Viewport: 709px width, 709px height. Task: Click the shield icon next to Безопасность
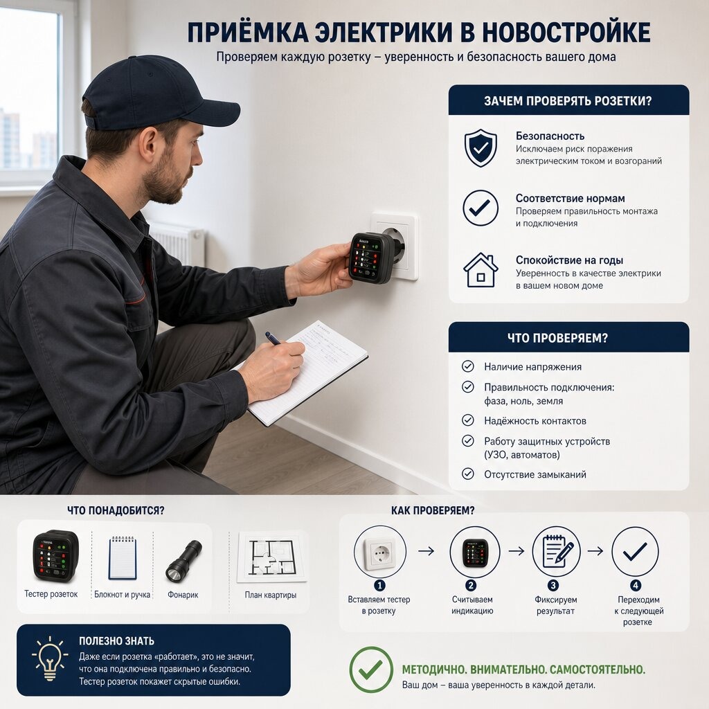click(481, 148)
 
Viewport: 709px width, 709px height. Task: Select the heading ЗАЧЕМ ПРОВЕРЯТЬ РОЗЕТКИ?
click(568, 100)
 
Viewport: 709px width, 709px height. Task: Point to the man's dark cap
click(159, 94)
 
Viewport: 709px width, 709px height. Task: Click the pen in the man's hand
click(273, 338)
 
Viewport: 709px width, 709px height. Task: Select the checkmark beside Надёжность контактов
click(467, 420)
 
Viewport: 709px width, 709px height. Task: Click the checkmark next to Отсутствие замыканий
click(467, 474)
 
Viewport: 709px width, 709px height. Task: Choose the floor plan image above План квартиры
click(271, 557)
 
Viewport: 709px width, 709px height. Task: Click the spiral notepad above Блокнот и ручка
click(122, 557)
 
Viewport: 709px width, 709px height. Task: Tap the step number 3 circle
click(553, 585)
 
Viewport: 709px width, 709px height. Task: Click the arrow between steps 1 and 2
click(426, 550)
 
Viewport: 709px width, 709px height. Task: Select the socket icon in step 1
click(380, 552)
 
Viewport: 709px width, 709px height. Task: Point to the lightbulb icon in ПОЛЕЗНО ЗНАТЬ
click(50, 658)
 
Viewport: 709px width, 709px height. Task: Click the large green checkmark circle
click(371, 670)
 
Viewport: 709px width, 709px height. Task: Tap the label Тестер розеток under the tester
click(51, 593)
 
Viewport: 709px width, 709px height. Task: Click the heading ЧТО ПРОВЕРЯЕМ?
click(557, 338)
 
